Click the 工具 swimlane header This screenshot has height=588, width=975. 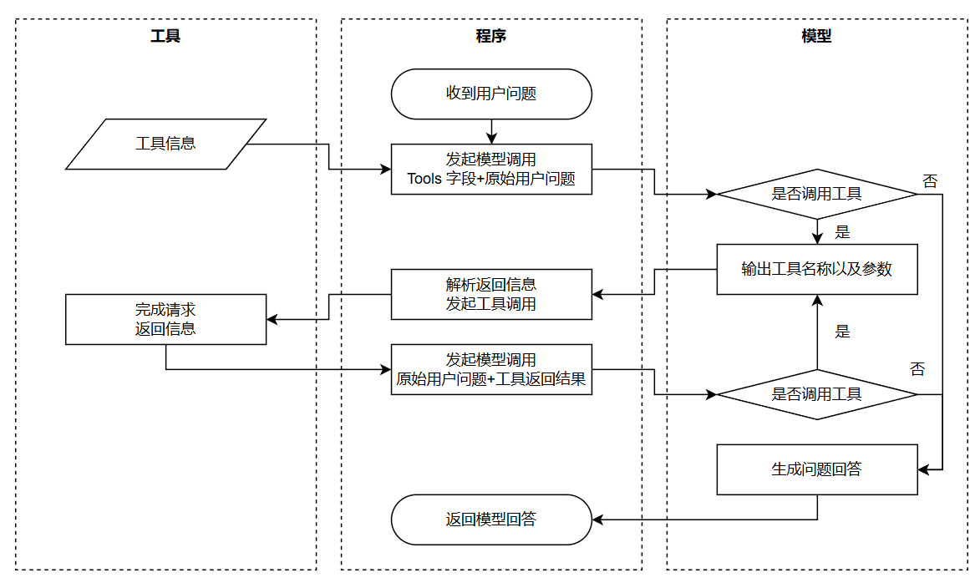coord(165,36)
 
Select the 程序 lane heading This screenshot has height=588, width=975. coord(491,36)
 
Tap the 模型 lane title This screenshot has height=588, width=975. coord(816,36)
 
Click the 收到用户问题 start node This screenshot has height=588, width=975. coord(491,94)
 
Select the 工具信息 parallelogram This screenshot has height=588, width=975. coord(165,144)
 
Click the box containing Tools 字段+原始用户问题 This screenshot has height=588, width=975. coord(491,169)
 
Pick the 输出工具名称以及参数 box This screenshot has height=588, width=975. coord(816,269)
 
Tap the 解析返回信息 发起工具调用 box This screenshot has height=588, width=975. coord(491,294)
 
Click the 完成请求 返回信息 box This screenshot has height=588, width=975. coord(165,319)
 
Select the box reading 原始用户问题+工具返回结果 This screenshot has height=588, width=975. coord(491,369)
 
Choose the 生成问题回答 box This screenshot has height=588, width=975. coord(816,469)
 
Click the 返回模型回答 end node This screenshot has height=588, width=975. coord(491,520)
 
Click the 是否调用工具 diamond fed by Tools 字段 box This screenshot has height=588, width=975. coord(816,194)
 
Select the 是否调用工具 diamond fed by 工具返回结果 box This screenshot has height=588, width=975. coord(816,394)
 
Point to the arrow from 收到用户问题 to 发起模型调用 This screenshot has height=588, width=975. coord(491,131)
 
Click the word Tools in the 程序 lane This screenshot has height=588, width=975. coord(424,178)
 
